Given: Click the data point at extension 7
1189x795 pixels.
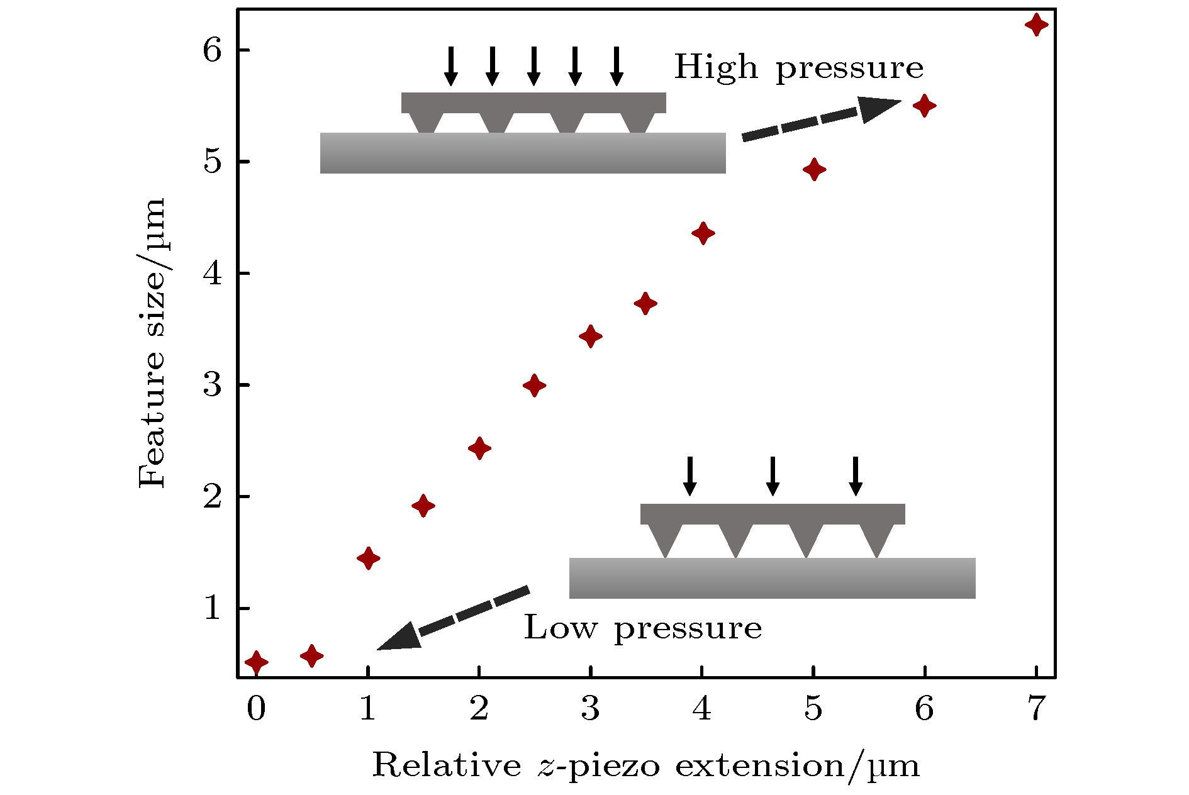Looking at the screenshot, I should (1036, 25).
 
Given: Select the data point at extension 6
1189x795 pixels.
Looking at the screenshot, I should (924, 106).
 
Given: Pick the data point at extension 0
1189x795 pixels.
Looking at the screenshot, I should (256, 662).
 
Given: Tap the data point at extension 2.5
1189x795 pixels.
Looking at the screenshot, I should (534, 386).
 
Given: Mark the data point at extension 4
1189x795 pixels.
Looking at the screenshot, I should (703, 234).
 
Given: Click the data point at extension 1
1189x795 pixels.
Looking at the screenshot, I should (368, 558).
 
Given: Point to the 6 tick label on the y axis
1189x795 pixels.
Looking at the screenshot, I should (212, 50).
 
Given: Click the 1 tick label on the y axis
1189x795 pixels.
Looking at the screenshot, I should (212, 608).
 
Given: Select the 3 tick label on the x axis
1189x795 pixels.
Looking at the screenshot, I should (590, 709).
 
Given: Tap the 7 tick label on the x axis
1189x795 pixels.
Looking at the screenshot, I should (1035, 709).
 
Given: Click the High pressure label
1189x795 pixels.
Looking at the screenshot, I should (798, 67).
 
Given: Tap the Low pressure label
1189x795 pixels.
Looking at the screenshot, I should (642, 628).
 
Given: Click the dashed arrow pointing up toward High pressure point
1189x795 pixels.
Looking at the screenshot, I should (820, 118).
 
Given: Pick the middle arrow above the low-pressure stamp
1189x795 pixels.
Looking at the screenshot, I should (773, 476).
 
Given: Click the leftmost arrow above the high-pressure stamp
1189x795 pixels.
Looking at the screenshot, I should (450, 66).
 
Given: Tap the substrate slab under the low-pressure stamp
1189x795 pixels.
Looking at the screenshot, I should (772, 578).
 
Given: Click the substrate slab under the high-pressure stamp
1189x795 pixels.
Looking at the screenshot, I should (522, 153).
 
